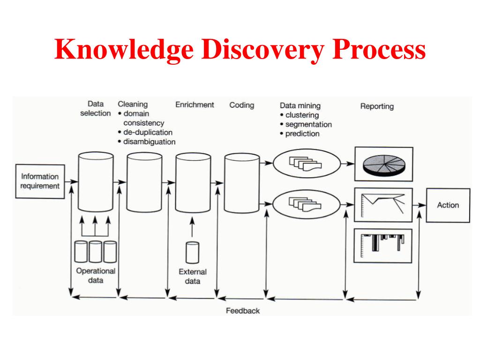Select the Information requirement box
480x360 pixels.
pos(40,181)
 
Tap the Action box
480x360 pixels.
pos(448,205)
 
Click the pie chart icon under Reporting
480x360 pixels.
pos(383,164)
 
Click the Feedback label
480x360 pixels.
pos(242,311)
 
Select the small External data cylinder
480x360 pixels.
pos(192,252)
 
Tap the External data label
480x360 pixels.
pos(192,277)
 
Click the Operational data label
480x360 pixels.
pos(96,276)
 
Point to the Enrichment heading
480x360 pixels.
pos(195,105)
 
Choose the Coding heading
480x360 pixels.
pos(241,105)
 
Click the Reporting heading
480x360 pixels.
pos(377,106)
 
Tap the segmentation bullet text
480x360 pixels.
pos(308,125)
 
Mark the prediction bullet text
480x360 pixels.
pos(302,134)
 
